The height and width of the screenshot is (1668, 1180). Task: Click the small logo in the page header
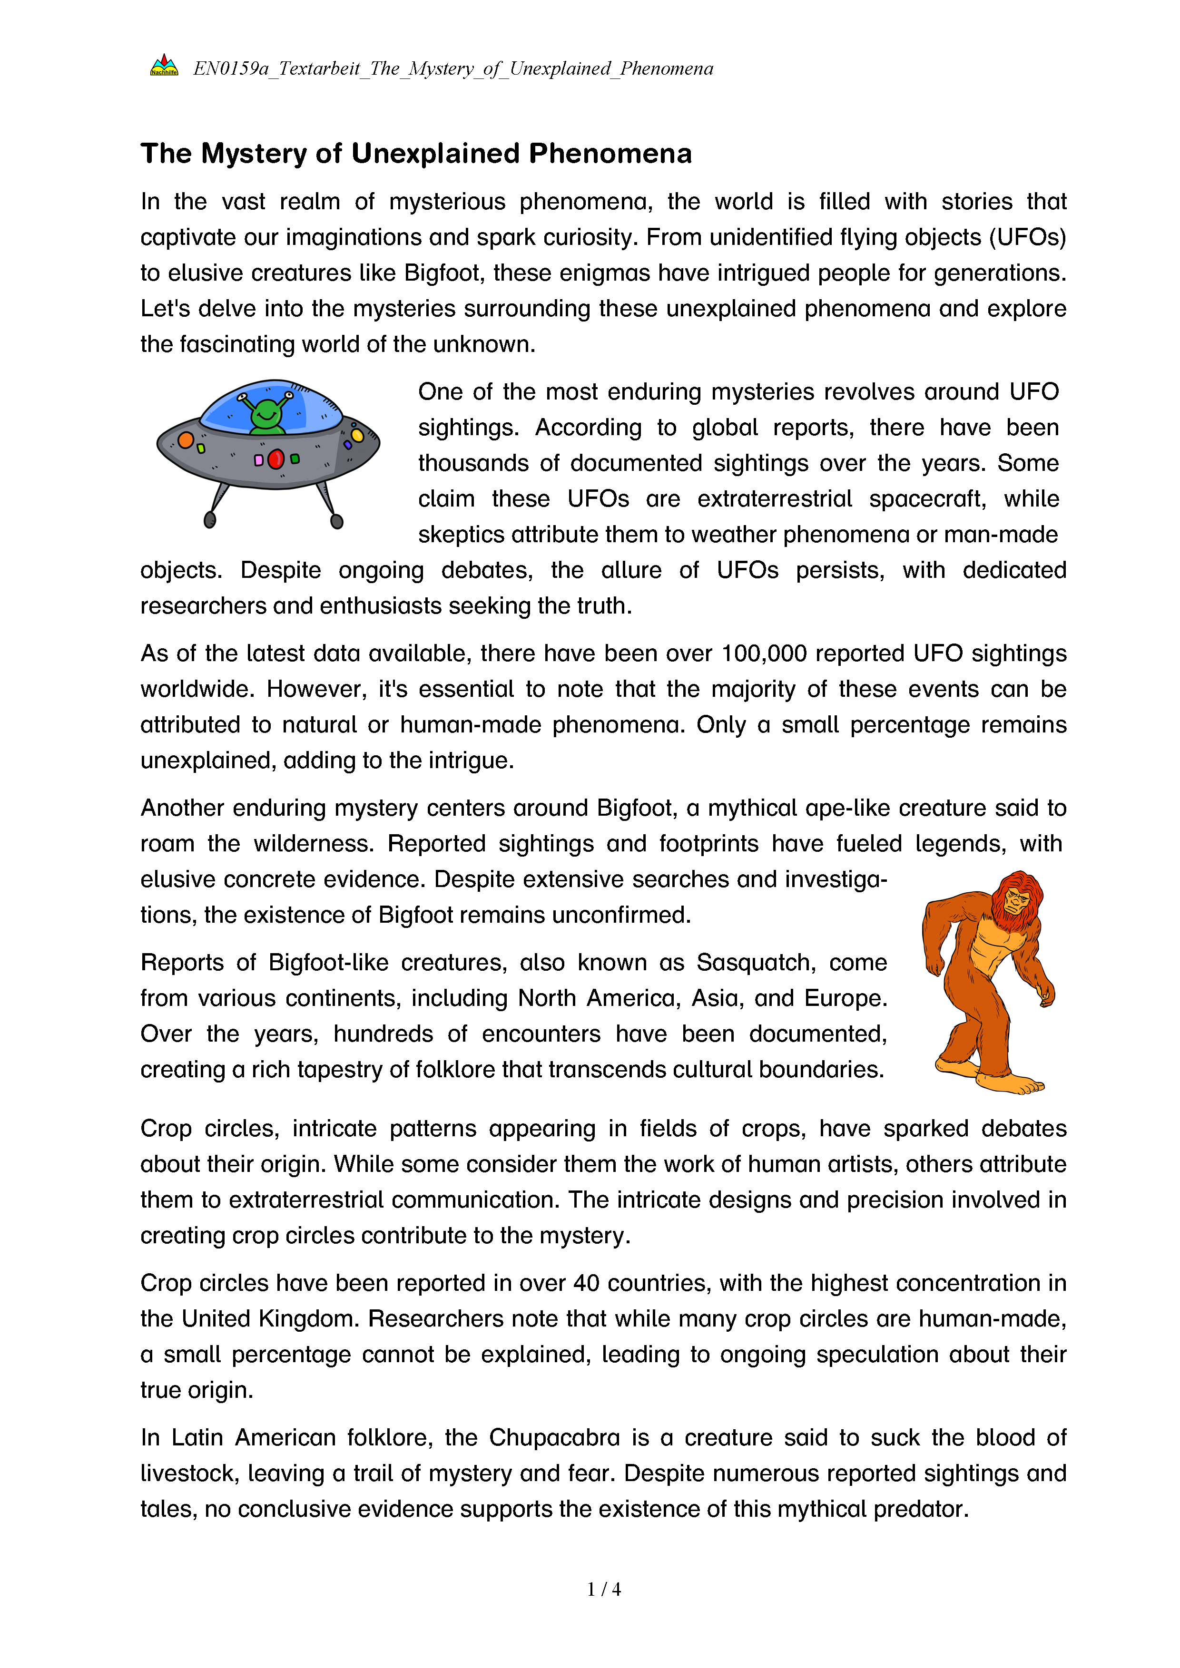(x=164, y=66)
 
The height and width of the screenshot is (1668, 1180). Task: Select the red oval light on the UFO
(x=275, y=459)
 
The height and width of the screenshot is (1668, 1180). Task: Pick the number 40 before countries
(x=586, y=1282)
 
